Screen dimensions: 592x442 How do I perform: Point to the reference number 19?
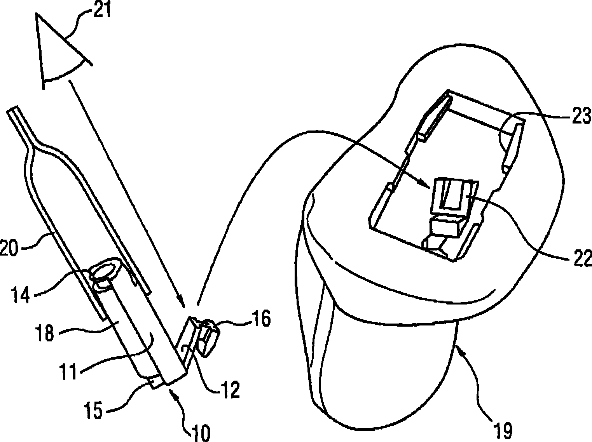click(x=502, y=429)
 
